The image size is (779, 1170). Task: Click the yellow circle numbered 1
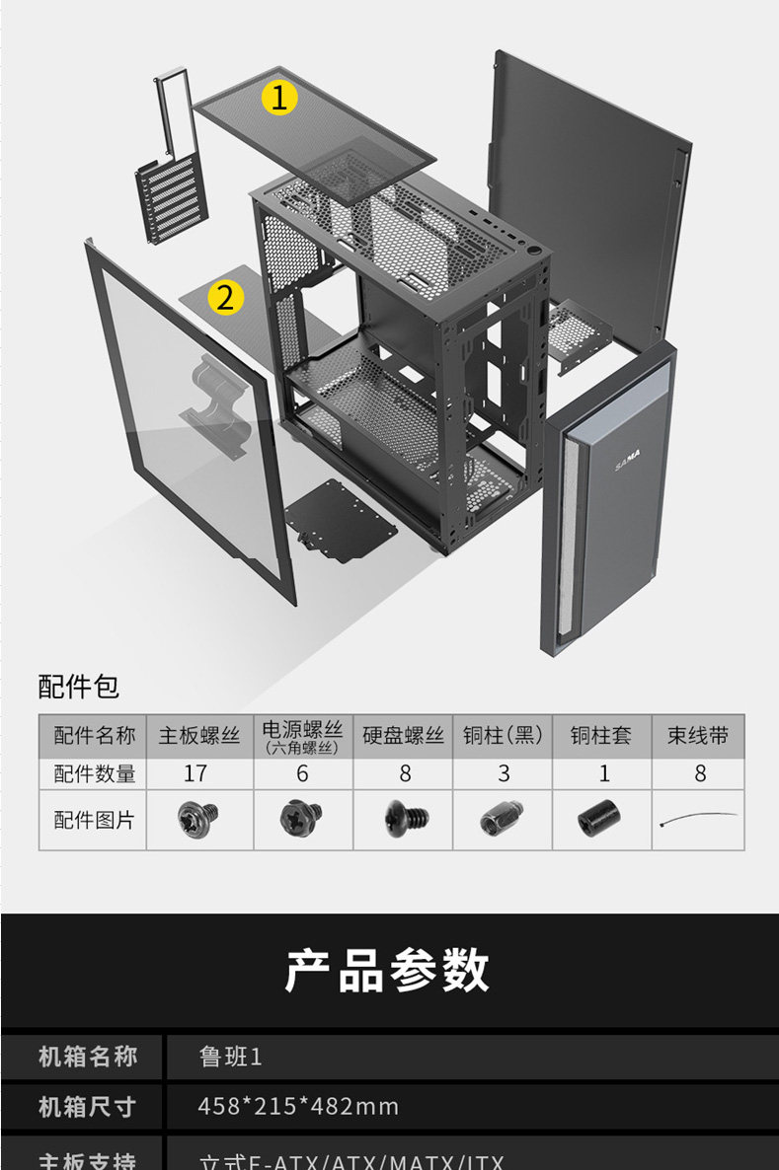(279, 97)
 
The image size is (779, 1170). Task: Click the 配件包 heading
(79, 687)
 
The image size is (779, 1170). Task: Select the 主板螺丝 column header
(199, 736)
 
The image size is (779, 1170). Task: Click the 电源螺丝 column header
(302, 736)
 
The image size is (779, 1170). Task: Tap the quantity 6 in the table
(302, 774)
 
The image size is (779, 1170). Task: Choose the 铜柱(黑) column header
(503, 736)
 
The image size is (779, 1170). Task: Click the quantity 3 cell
(504, 774)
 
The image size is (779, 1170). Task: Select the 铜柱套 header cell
(601, 736)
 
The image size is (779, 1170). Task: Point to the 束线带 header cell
(698, 736)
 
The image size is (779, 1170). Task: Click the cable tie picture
(698, 820)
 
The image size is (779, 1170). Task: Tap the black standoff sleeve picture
(599, 820)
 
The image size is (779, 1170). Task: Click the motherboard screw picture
(197, 820)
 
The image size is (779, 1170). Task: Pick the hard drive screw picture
(405, 819)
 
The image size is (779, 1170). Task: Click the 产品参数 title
(387, 970)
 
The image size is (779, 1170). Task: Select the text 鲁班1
(230, 1058)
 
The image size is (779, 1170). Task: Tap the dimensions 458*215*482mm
(298, 1106)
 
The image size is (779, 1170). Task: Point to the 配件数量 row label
(94, 774)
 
